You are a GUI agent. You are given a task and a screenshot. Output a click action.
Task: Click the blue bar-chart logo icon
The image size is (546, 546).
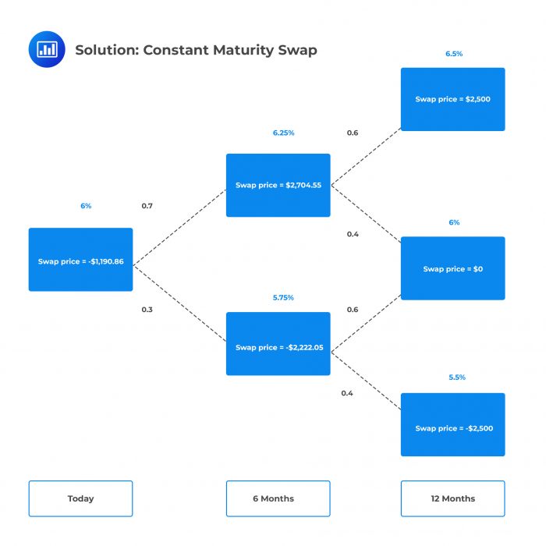(48, 50)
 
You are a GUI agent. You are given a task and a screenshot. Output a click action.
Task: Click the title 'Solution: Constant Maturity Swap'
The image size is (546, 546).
(196, 51)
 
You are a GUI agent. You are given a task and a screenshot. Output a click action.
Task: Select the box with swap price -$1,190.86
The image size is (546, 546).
(80, 260)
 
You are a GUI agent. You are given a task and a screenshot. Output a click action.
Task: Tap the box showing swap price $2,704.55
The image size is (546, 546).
(278, 185)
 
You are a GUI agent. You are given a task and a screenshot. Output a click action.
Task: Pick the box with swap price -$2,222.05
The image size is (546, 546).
(278, 344)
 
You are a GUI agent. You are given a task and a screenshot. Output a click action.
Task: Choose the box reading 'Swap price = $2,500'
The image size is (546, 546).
(452, 99)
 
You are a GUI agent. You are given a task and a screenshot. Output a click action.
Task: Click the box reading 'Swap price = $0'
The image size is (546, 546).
(452, 268)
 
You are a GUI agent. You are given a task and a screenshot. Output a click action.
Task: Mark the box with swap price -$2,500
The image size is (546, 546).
(452, 425)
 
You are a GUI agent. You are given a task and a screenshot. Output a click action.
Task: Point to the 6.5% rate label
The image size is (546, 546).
(454, 54)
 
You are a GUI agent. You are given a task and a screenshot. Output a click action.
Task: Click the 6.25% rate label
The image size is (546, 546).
(283, 133)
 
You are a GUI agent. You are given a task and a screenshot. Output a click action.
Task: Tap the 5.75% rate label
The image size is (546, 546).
(282, 298)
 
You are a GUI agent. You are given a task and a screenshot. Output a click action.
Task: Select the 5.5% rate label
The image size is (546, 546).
(456, 377)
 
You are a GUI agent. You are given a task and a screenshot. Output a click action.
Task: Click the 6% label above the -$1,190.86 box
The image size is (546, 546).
(86, 206)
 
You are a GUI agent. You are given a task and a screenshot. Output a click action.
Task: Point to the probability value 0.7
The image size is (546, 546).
(147, 206)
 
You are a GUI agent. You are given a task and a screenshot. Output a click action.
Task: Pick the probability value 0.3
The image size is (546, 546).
(147, 310)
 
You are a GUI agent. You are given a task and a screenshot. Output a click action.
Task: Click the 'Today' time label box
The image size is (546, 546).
(80, 498)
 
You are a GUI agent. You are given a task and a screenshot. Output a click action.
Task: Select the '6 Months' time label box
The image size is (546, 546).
(278, 498)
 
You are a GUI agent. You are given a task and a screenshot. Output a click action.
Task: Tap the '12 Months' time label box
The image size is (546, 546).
(452, 498)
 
